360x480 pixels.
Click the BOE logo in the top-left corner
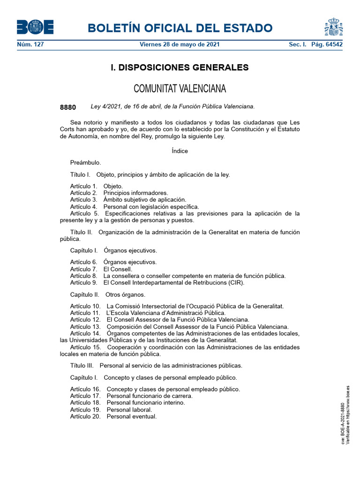[35, 27]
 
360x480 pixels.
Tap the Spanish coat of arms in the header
[333, 27]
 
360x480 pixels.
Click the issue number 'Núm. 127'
[30, 45]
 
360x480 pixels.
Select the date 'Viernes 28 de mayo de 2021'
[180, 45]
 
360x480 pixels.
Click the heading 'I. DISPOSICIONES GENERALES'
[180, 67]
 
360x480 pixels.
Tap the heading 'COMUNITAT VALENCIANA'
[180, 89]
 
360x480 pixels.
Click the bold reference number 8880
[68, 107]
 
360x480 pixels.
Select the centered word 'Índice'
[180, 151]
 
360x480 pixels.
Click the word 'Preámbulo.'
[85, 163]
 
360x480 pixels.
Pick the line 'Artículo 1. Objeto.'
[97, 187]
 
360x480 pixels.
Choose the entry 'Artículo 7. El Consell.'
[101, 269]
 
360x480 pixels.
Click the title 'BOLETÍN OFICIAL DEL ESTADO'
[180, 28]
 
